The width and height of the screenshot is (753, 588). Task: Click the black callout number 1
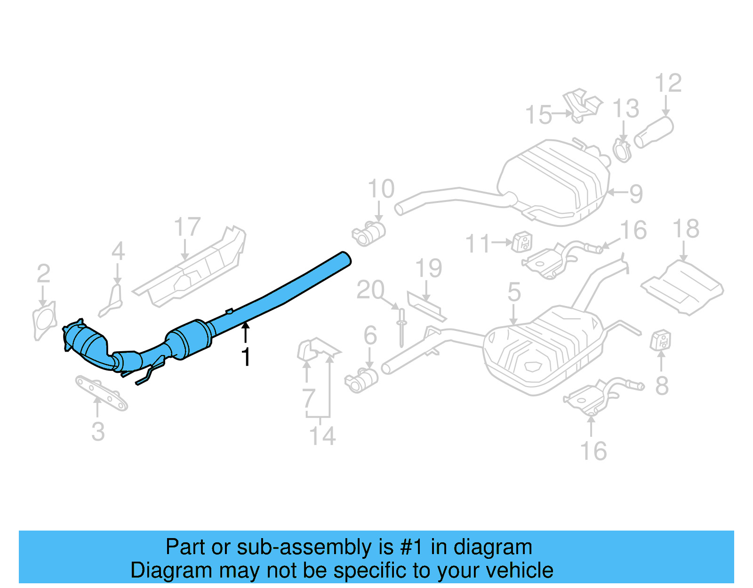click(246, 357)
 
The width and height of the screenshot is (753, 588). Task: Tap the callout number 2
click(43, 274)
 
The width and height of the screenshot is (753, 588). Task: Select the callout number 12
click(668, 83)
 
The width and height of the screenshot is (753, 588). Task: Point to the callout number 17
click(187, 227)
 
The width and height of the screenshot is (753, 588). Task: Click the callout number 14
click(322, 436)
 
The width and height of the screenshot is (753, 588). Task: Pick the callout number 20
click(370, 290)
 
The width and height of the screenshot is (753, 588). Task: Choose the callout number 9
click(636, 193)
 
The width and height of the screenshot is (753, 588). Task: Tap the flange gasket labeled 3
click(102, 393)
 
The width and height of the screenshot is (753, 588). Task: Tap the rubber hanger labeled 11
click(522, 242)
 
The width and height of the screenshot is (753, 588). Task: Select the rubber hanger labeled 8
click(661, 340)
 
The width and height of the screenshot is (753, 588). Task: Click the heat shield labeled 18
click(682, 288)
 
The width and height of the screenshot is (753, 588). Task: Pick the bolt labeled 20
click(401, 327)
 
